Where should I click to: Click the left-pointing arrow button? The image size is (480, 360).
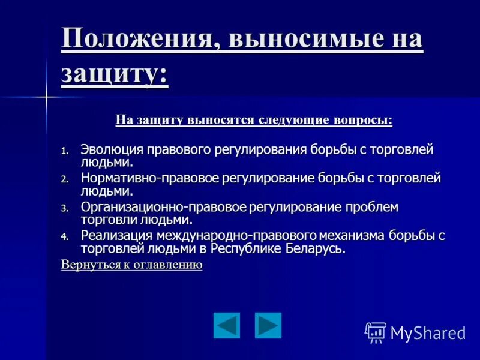coord(226,325)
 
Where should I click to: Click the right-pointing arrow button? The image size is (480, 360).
coord(268,325)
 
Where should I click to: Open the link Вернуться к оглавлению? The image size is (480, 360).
coord(131,265)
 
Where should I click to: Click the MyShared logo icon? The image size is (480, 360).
coord(376,332)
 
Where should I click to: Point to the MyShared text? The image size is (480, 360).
coord(428,333)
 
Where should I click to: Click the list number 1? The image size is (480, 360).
coord(65,151)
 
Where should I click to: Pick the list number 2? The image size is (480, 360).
coord(65,179)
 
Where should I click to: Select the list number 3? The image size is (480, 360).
coord(65,208)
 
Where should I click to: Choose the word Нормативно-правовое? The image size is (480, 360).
coord(150,178)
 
